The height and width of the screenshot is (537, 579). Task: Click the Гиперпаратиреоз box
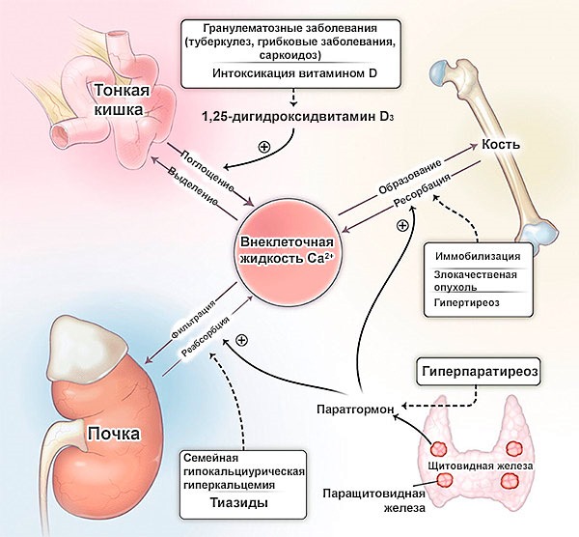[x=477, y=371]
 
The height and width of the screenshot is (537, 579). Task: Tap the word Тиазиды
[x=236, y=503]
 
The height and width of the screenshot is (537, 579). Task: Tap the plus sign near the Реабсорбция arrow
[x=241, y=340]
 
